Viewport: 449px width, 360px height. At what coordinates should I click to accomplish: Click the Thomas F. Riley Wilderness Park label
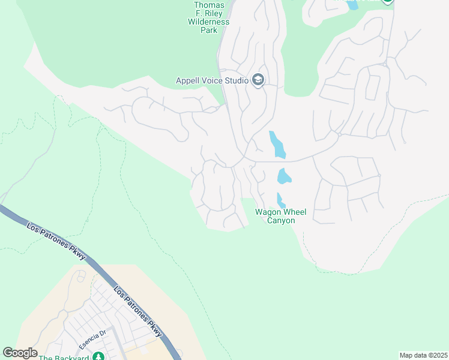(209, 17)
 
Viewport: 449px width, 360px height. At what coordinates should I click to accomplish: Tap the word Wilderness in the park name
(209, 22)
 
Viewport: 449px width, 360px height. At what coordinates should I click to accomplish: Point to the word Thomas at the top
(209, 5)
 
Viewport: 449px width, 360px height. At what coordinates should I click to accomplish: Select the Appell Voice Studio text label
(212, 80)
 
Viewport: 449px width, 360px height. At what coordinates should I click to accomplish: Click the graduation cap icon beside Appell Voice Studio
(259, 80)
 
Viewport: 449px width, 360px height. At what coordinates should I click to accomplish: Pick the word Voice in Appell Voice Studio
(216, 80)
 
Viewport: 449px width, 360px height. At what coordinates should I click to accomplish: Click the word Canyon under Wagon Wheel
(281, 221)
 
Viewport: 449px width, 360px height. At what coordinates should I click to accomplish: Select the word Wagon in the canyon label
(267, 212)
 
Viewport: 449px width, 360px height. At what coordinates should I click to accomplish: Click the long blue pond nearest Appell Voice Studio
(276, 143)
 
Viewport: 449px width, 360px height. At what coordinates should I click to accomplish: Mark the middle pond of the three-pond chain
(283, 176)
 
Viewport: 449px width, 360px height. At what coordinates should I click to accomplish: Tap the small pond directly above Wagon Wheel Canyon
(280, 200)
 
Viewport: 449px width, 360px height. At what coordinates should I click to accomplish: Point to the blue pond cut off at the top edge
(352, 4)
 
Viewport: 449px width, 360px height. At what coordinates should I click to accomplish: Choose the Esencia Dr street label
(92, 340)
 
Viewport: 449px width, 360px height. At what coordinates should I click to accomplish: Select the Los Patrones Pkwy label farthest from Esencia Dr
(56, 241)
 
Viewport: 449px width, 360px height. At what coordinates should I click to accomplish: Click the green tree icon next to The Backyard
(98, 358)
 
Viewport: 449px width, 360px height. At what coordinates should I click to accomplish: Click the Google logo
(20, 352)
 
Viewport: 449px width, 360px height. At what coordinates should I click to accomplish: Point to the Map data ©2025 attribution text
(423, 355)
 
